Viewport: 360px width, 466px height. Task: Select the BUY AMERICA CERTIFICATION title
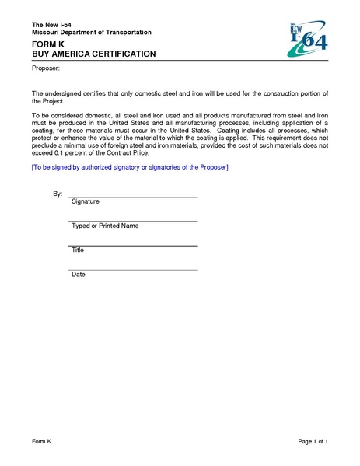93,54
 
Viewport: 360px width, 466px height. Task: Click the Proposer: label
45,69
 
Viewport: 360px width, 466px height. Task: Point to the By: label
57,193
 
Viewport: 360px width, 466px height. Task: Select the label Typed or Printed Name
104,226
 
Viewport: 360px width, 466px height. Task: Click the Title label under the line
78,251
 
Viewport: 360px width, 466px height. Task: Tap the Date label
78,275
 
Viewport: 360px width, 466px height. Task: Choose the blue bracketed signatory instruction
130,167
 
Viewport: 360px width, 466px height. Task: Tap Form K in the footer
41,442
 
